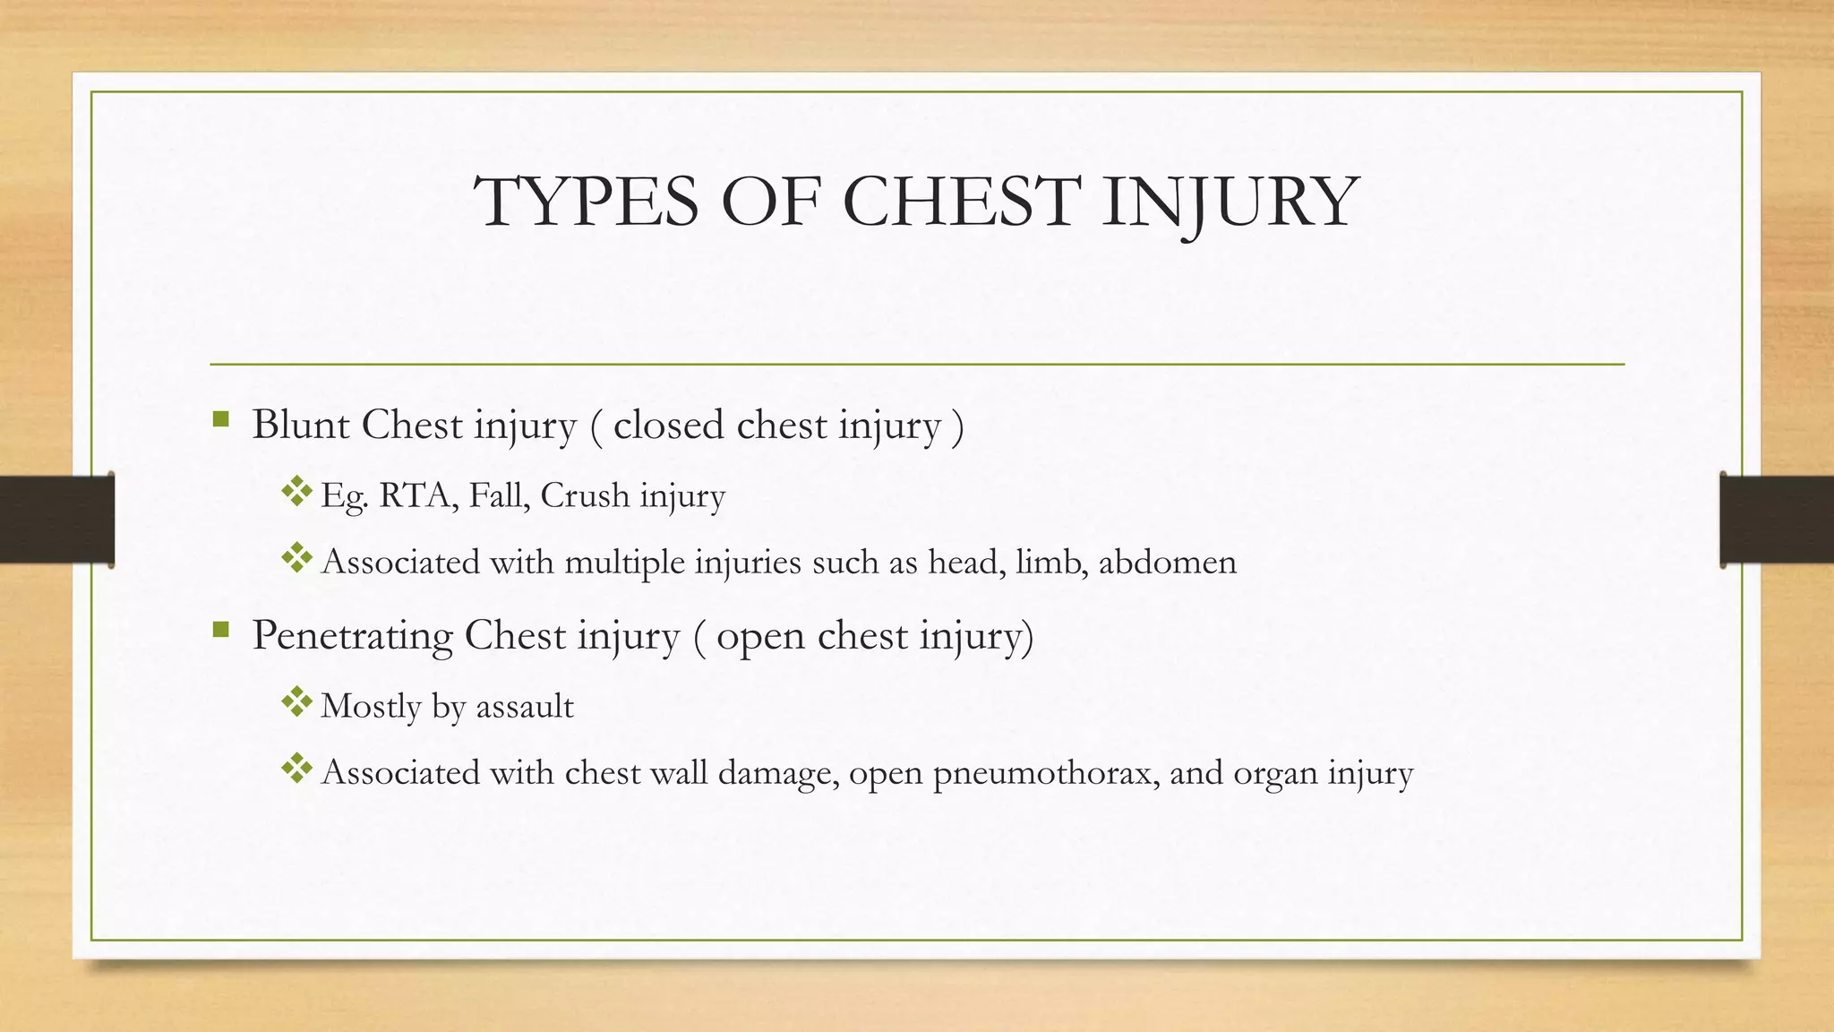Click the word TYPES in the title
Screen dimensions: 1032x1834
(586, 202)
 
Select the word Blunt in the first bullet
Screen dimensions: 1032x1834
(300, 425)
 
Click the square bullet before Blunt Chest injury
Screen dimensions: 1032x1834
(221, 419)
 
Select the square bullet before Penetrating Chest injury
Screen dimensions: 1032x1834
(221, 630)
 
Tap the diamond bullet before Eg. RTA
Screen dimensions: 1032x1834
(296, 491)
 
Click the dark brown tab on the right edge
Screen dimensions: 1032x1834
(1777, 519)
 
